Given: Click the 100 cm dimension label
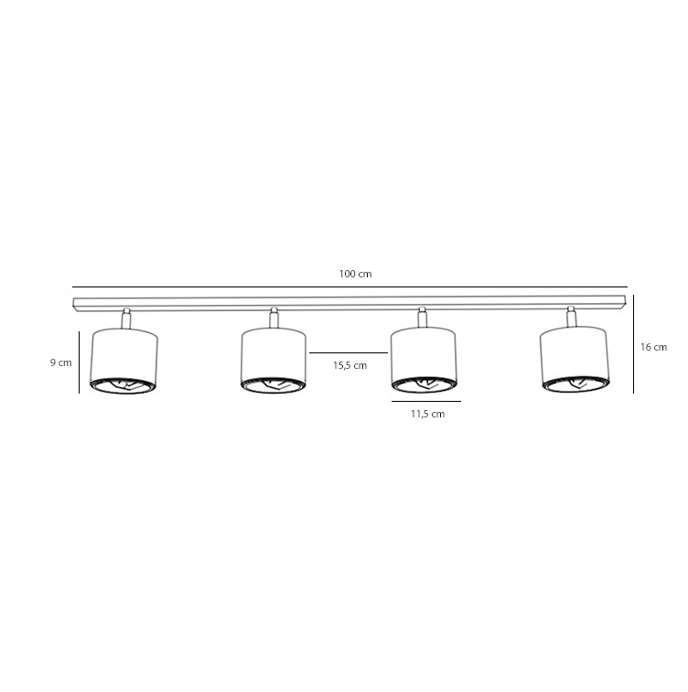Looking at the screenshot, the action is coord(355,274).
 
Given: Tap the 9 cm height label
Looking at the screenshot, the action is coord(61,362).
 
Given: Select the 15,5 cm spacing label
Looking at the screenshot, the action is coord(349,365).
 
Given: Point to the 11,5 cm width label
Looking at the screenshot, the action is coord(427,414).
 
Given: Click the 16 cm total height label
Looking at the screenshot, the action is coord(653,347).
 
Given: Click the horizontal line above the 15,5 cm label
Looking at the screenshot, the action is coord(349,353).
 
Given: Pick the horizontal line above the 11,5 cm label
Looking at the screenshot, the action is coord(426,402).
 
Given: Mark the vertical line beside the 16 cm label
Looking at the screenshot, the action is coord(634,344).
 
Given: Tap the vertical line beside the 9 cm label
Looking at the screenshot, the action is coord(79,362).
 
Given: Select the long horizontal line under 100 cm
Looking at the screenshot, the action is coord(349,287).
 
